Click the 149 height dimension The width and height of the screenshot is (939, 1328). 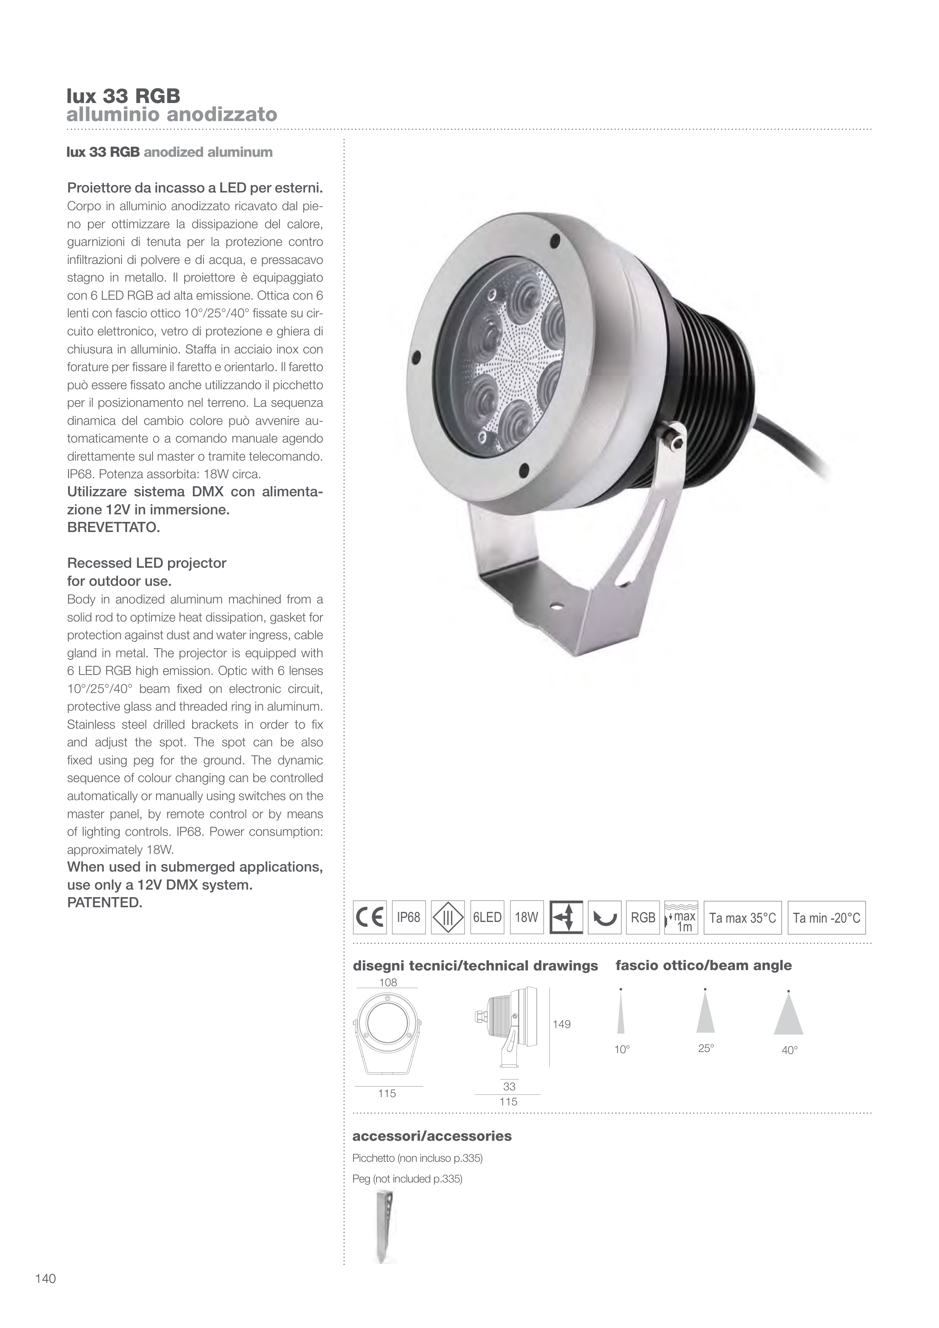click(x=561, y=1024)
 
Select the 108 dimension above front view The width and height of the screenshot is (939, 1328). click(x=388, y=983)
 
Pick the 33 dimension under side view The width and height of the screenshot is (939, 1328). click(x=509, y=1087)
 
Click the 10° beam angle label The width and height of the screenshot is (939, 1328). click(x=622, y=1050)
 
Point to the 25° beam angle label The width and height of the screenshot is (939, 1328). click(x=706, y=1049)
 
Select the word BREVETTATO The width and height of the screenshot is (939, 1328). click(x=114, y=528)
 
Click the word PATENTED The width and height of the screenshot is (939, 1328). click(x=105, y=902)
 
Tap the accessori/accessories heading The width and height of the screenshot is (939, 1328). click(x=432, y=1136)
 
